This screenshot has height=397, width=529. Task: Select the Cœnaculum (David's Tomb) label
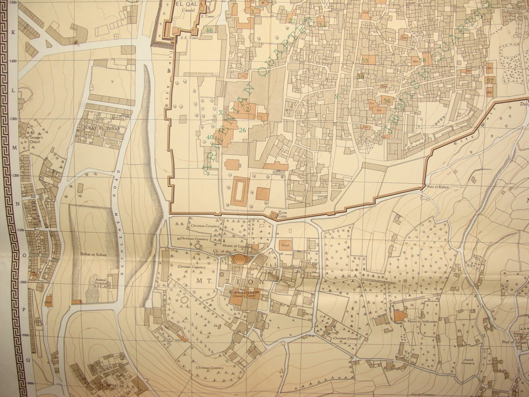[x=245, y=294]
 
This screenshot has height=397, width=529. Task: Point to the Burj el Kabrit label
[x=438, y=187]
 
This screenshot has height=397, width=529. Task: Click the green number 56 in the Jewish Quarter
[x=388, y=101]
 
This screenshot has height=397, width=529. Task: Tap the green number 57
[x=491, y=81]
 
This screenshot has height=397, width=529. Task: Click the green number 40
[x=210, y=137]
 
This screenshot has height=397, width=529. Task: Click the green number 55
[x=365, y=60]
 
